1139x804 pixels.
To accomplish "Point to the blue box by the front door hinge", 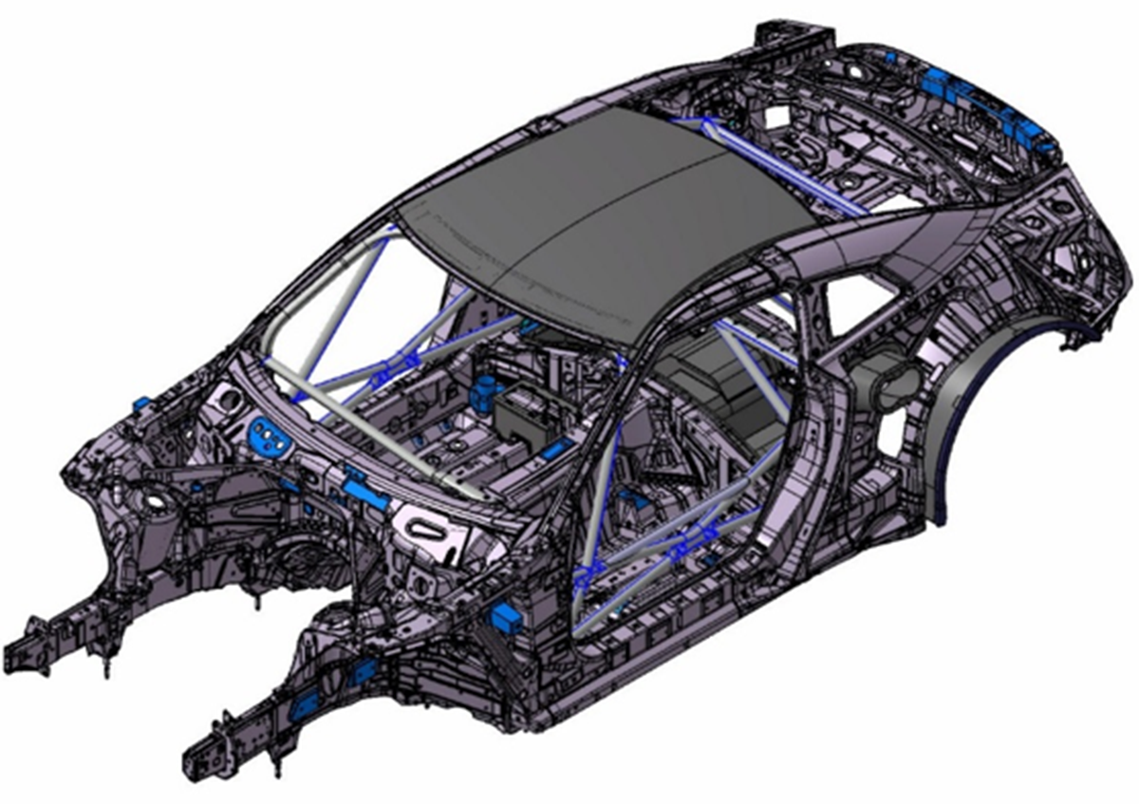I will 509,619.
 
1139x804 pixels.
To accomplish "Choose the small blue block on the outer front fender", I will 140,403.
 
